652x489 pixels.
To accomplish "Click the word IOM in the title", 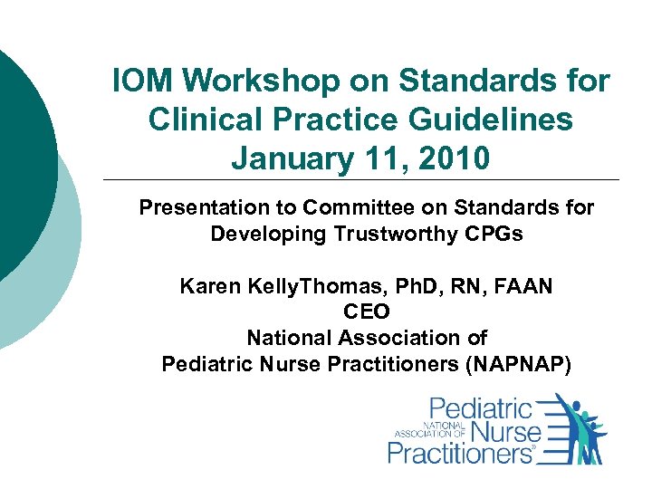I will (142, 81).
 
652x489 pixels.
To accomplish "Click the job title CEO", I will (366, 312).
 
